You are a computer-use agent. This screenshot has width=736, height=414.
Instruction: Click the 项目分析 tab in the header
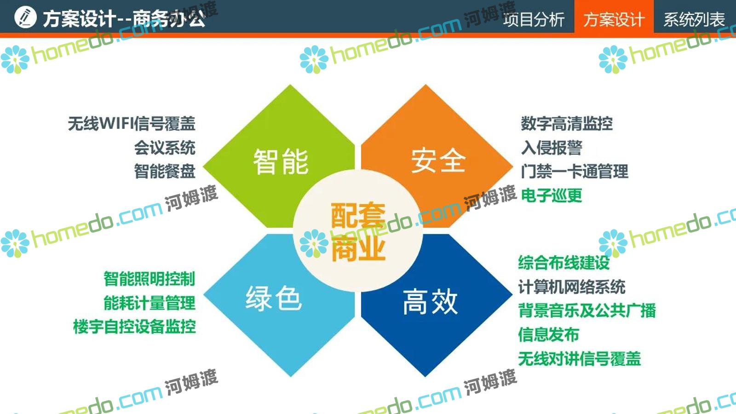pyautogui.click(x=534, y=19)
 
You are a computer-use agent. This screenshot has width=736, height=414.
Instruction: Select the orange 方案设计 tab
pyautogui.click(x=614, y=18)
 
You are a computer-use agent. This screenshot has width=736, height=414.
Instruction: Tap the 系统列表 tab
pyautogui.click(x=694, y=19)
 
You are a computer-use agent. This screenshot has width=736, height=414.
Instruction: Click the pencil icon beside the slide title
pyautogui.click(x=25, y=17)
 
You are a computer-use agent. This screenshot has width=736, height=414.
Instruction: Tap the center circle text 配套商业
pyautogui.click(x=358, y=231)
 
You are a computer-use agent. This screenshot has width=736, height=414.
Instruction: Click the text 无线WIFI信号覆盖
pyautogui.click(x=132, y=124)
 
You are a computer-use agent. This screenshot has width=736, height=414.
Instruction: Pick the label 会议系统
pyautogui.click(x=165, y=148)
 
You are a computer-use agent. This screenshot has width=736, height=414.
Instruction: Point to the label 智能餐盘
pyautogui.click(x=165, y=171)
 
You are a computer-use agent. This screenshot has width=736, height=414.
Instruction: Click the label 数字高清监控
pyautogui.click(x=567, y=124)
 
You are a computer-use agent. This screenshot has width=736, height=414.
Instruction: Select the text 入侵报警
pyautogui.click(x=552, y=148)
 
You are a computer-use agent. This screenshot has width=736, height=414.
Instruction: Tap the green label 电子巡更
pyautogui.click(x=552, y=195)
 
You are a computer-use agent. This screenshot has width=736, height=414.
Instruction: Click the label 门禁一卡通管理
pyautogui.click(x=575, y=171)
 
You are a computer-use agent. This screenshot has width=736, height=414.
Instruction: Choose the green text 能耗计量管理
pyautogui.click(x=149, y=303)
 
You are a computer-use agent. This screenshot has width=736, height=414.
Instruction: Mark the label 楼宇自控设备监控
pyautogui.click(x=134, y=327)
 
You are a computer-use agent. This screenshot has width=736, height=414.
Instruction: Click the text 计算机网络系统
pyautogui.click(x=572, y=287)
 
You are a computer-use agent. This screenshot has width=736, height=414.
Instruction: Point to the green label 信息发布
pyautogui.click(x=549, y=334)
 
